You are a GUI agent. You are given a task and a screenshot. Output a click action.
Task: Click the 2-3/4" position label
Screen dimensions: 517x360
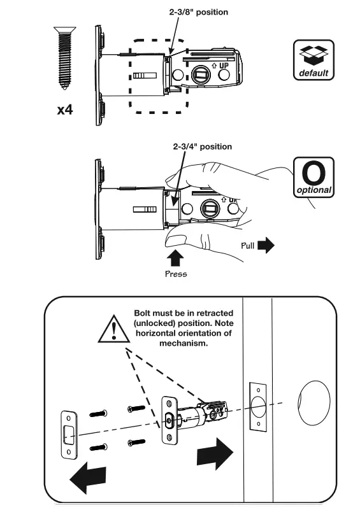point(202,146)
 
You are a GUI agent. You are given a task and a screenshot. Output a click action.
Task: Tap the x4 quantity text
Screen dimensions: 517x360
point(64,110)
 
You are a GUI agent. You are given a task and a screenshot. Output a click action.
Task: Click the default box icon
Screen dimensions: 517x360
point(313,60)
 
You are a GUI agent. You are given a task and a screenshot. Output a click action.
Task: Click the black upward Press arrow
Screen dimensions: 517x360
point(176,257)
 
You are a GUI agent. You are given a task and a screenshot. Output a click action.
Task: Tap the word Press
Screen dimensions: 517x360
point(176,275)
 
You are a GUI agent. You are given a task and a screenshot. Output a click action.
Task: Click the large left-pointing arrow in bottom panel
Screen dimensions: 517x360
point(87,475)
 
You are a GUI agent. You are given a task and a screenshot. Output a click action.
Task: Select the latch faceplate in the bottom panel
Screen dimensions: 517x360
point(169,420)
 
